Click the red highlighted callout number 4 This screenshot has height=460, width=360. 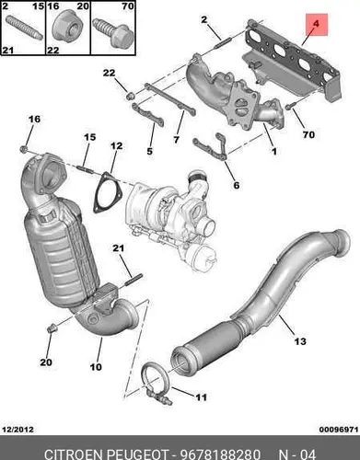317,24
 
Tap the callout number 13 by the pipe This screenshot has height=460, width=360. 300,341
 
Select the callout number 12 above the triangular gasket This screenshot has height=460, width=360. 116,146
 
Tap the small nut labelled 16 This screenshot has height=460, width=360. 24,149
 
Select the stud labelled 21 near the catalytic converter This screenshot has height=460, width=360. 134,280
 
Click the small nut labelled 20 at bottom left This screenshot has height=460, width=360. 52,328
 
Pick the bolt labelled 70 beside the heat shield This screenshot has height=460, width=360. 289,107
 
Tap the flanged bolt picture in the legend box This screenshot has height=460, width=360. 113,33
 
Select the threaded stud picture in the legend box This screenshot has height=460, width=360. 23,27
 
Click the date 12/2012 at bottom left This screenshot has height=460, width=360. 17,430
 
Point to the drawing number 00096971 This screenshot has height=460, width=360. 339,430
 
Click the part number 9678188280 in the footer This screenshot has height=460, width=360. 220,454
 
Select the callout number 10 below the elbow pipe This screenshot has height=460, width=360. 96,367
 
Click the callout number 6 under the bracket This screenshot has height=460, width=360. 237,185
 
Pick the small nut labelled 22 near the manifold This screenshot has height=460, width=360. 131,96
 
